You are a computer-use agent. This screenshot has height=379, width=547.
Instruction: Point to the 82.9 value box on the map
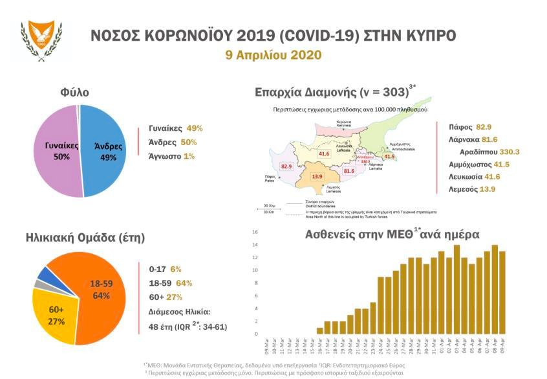pos(287,166)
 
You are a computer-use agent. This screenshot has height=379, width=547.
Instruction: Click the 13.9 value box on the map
pos(317,176)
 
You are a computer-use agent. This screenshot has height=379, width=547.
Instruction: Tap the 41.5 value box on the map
pos(389,156)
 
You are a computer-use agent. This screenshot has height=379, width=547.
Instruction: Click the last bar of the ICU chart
pos(502,292)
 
